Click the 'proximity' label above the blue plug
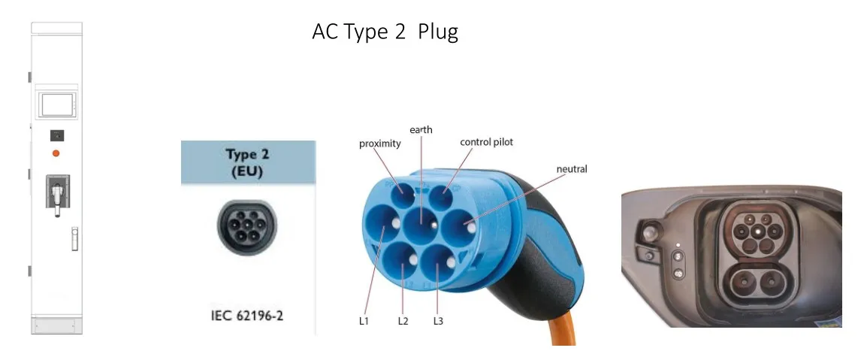(x=379, y=144)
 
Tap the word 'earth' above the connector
(x=421, y=130)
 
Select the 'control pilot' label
(x=486, y=142)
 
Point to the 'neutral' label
(x=571, y=169)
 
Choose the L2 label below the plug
(x=403, y=321)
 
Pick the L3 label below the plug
(x=438, y=321)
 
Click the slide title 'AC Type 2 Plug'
(x=385, y=32)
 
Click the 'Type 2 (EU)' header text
(x=247, y=161)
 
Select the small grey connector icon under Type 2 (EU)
(x=246, y=222)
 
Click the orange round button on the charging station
(x=56, y=153)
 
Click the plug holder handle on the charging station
(x=57, y=195)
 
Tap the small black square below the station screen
(x=56, y=135)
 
